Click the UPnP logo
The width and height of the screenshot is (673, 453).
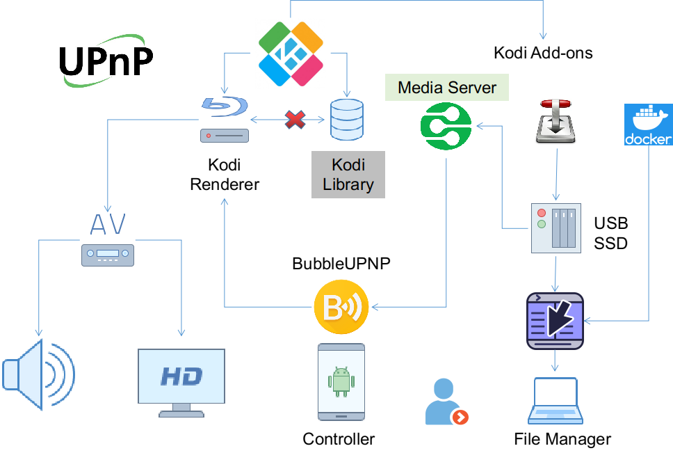[x=107, y=62]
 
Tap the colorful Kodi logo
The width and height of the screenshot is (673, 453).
[x=291, y=54]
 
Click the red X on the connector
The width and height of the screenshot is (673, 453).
[x=295, y=120]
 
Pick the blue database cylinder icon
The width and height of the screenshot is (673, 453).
[x=347, y=119]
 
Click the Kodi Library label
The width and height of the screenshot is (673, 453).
[x=348, y=175]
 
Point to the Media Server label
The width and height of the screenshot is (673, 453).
[x=447, y=88]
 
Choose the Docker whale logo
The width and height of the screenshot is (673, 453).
[x=648, y=125]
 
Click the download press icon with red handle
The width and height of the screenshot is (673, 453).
[x=556, y=122]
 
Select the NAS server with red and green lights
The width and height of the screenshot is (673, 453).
[x=556, y=228]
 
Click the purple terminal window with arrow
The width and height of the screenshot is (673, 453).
[x=555, y=321]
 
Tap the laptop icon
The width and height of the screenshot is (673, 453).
[x=555, y=401]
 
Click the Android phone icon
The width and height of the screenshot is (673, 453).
[x=341, y=381]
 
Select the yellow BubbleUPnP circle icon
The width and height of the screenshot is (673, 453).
[x=341, y=307]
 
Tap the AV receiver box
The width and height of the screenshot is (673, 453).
[x=108, y=255]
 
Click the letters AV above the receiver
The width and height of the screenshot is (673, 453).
[x=108, y=225]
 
